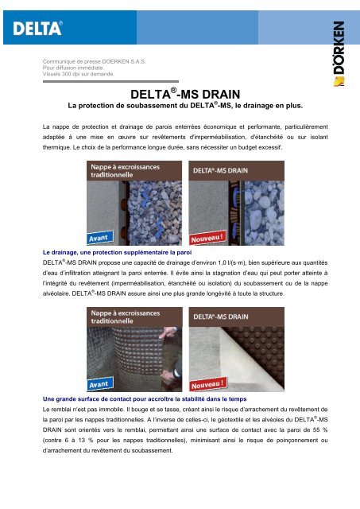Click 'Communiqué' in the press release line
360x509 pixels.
point(63,60)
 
